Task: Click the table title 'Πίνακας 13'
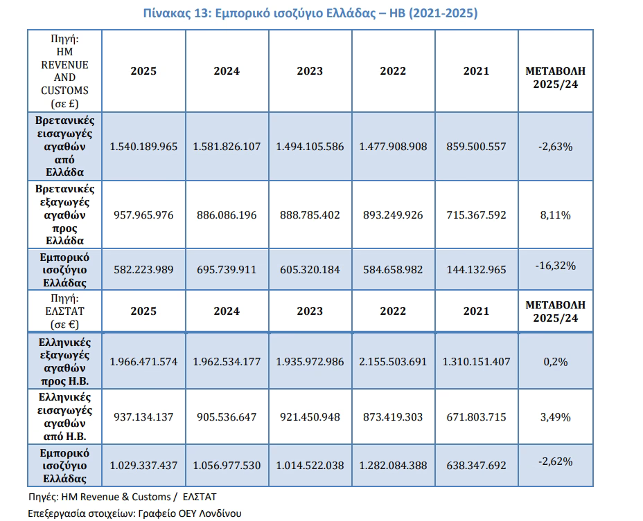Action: (x=176, y=14)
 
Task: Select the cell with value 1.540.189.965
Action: (x=143, y=147)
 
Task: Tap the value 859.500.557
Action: (x=476, y=147)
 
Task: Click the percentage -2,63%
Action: (x=555, y=147)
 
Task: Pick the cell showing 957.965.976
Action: (x=143, y=215)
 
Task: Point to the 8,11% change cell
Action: (x=555, y=215)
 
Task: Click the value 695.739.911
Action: (x=227, y=270)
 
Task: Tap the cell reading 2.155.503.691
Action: (x=393, y=362)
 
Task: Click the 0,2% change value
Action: (x=555, y=362)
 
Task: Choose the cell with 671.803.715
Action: (x=476, y=417)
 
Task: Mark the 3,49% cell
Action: (x=555, y=417)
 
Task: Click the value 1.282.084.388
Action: (x=393, y=465)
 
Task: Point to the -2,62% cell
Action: (x=555, y=461)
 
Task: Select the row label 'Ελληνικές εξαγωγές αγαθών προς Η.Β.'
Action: (x=65, y=362)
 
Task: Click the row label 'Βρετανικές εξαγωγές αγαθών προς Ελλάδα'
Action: (x=65, y=214)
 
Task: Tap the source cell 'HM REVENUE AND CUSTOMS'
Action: (x=65, y=71)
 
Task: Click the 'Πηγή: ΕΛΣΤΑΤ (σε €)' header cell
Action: (x=65, y=311)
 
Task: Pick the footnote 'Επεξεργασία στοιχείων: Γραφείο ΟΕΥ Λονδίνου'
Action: (x=134, y=513)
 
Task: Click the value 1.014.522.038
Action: (x=310, y=465)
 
